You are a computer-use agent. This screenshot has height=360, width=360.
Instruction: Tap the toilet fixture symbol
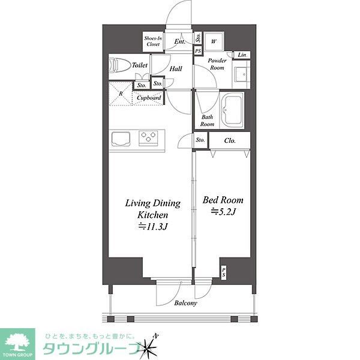[x=118, y=64]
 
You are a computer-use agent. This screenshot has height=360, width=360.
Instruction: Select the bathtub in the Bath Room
[x=231, y=110]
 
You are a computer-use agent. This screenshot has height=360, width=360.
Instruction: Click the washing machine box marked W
[x=214, y=41]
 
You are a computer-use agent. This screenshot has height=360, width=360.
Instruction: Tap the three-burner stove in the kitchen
[x=148, y=138]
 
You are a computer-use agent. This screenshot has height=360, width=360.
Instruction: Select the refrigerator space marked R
[x=121, y=94]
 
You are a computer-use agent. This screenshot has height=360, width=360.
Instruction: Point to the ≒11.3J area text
[x=152, y=226]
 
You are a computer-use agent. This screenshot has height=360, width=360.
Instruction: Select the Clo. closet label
[x=229, y=141]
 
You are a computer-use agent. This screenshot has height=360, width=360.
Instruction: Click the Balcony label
[x=185, y=303]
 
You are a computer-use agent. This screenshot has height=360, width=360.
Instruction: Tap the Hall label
[x=175, y=69]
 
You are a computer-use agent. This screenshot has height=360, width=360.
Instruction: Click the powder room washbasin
[x=241, y=75]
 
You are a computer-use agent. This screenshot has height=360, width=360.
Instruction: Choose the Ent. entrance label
[x=179, y=41]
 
